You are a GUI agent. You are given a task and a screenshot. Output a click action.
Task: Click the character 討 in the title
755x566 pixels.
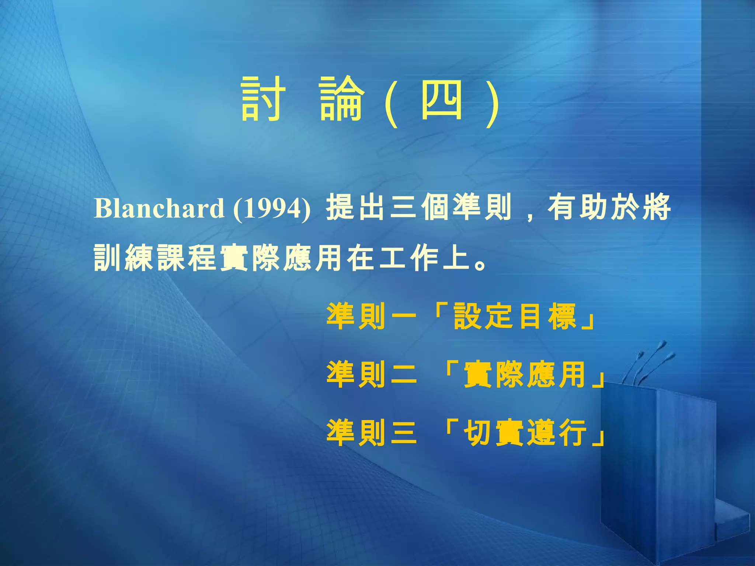pyautogui.click(x=263, y=99)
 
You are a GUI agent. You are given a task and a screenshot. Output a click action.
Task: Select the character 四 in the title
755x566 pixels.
pyautogui.click(x=442, y=99)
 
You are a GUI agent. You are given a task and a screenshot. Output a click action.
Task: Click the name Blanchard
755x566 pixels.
pyautogui.click(x=159, y=208)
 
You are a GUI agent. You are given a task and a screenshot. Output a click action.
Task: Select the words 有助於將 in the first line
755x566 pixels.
pyautogui.click(x=609, y=207)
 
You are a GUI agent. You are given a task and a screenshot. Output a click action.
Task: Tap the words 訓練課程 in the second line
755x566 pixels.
pyautogui.click(x=155, y=258)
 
